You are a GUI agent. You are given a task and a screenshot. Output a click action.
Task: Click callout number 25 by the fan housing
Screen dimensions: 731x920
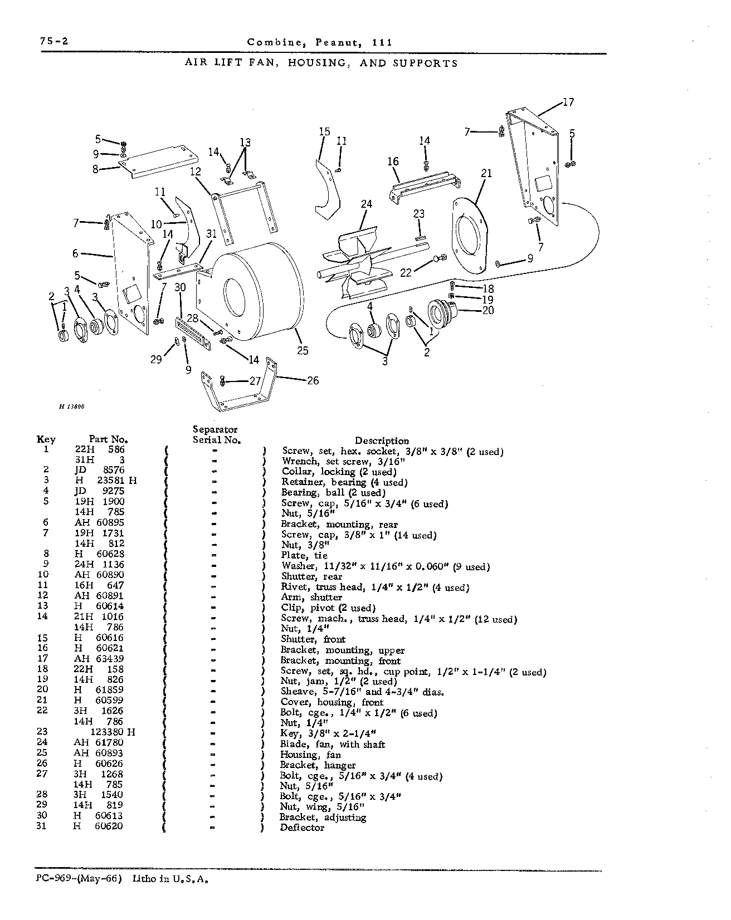[303, 350]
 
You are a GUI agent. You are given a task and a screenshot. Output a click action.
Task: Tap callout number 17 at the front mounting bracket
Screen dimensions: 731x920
[568, 102]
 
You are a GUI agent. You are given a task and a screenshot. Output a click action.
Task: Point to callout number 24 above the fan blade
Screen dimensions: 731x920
[366, 204]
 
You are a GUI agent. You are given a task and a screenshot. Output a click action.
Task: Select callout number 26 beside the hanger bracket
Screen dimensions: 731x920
[313, 380]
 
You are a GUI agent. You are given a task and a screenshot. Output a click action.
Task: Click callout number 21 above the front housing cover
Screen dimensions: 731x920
[486, 173]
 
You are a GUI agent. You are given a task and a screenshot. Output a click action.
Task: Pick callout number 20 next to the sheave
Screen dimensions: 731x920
[488, 310]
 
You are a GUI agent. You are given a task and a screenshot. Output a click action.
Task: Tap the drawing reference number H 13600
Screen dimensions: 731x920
[71, 407]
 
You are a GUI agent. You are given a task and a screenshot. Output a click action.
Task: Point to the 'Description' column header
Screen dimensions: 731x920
[382, 441]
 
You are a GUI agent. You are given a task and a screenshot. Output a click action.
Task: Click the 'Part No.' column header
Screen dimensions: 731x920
[109, 439]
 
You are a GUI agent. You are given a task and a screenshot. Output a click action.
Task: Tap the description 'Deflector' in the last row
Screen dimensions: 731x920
[302, 828]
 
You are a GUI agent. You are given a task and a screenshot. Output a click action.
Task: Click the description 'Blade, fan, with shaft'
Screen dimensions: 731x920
[333, 745]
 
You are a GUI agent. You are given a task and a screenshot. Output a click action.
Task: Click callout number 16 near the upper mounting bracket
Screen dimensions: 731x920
[393, 162]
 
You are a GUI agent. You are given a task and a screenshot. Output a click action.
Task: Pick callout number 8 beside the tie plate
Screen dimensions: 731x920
[95, 169]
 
